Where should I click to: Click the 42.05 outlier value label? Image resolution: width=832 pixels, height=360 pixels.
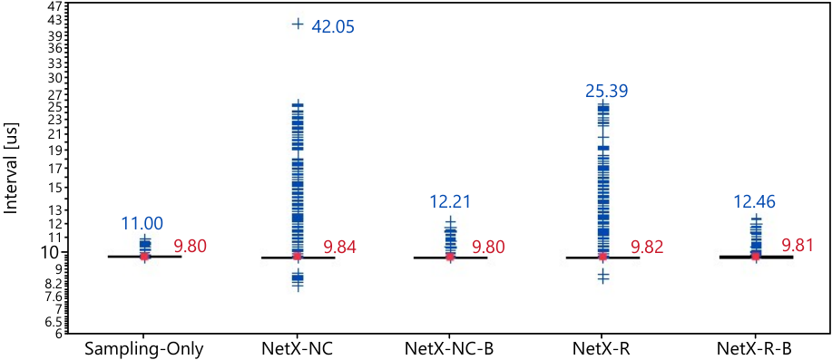coord(332,26)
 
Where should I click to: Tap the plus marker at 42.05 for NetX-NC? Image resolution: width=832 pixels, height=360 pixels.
coord(298,24)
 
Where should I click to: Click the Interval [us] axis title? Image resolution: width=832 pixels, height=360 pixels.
coord(12,170)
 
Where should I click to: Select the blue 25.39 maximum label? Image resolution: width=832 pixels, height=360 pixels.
coord(607,92)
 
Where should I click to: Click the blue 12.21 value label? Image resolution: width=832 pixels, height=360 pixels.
coord(450,201)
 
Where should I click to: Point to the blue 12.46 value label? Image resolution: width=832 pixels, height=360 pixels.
coord(756,201)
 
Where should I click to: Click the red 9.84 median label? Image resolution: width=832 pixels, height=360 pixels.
coord(339,247)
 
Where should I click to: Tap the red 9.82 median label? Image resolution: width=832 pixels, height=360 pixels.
coord(647,247)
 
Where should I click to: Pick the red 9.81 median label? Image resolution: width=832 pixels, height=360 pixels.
coord(798,246)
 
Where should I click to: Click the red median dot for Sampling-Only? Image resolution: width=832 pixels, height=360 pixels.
coord(144,256)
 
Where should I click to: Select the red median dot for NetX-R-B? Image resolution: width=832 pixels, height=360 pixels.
coord(755,257)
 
